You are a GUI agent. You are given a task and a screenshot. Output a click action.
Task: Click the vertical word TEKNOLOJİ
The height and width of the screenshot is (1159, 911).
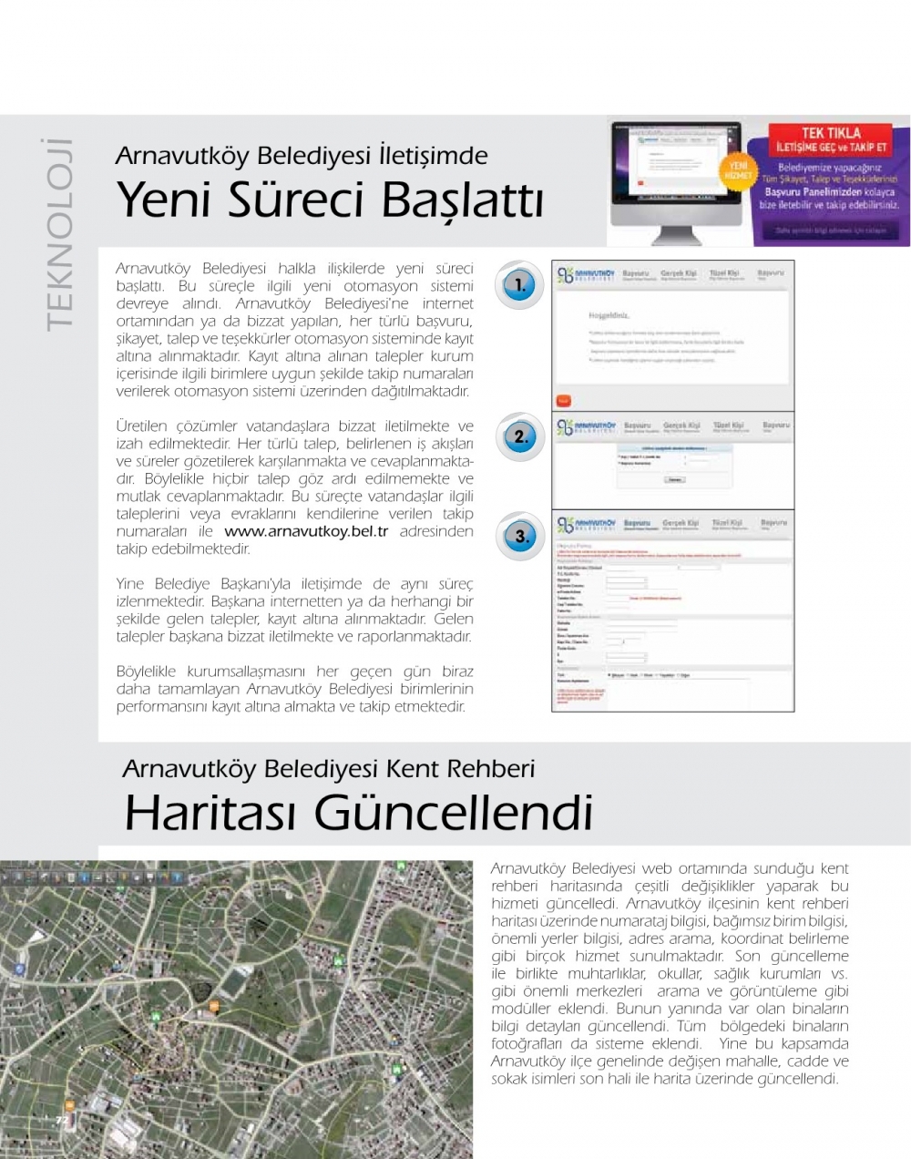(58, 235)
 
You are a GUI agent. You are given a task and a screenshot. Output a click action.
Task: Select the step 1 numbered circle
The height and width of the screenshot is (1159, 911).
(519, 284)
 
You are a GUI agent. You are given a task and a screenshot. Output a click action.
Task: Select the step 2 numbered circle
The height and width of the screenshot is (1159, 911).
(520, 436)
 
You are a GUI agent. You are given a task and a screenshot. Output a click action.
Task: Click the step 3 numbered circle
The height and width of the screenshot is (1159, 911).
(520, 537)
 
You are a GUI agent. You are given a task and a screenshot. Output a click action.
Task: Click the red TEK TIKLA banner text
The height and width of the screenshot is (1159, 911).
(831, 133)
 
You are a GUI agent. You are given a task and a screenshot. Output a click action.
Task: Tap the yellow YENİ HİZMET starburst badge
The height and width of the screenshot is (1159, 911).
(737, 169)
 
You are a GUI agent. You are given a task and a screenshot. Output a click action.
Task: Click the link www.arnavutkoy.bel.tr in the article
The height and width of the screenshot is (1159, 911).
(306, 531)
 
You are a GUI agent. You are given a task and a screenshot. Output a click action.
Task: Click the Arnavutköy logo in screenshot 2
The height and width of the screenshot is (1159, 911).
(586, 427)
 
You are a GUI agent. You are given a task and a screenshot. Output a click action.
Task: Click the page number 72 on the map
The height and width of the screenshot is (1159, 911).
(62, 1120)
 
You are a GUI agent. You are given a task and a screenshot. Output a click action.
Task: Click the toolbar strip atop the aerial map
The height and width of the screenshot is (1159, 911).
(91, 877)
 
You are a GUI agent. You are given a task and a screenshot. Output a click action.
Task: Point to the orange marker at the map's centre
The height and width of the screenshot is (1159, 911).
(214, 1005)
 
